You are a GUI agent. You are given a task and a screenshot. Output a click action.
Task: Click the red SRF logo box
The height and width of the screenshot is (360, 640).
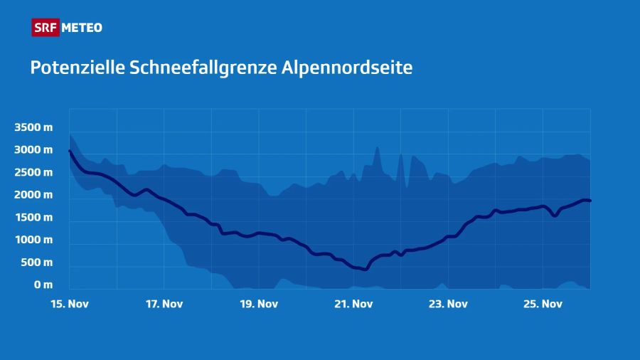tap(46, 28)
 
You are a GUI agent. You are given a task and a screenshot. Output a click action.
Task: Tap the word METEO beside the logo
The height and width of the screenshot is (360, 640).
tap(82, 28)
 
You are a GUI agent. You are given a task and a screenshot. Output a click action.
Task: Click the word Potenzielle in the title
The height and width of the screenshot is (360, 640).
tap(77, 68)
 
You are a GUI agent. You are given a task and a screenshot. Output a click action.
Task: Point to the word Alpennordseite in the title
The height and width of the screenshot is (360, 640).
tap(348, 68)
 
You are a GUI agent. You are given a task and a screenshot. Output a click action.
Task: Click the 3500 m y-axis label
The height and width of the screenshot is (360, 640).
tap(33, 127)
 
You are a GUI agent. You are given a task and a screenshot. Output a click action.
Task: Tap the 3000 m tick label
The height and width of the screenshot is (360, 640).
tap(33, 150)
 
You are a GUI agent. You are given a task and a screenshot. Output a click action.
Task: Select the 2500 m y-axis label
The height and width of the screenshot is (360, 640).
tap(33, 172)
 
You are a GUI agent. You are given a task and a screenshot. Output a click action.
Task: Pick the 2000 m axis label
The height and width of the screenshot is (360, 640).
tap(33, 195)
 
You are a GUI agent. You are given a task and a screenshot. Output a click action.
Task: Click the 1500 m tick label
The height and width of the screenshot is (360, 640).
tap(33, 218)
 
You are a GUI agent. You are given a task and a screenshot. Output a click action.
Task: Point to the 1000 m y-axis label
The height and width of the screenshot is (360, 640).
tap(33, 240)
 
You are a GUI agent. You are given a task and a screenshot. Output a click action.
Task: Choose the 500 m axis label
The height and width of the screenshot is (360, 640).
tap(36, 263)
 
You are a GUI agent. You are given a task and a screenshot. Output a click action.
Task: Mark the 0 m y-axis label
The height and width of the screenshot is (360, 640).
tap(42, 285)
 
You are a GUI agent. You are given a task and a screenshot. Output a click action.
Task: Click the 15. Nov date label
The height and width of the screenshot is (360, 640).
tap(69, 304)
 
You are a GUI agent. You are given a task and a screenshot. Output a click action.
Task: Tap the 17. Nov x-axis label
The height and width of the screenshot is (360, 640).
tap(164, 304)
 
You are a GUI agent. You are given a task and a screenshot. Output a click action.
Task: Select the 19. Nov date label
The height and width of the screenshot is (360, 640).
tap(258, 304)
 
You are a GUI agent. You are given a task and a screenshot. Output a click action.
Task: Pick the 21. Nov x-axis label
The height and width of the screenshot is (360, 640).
tap(353, 304)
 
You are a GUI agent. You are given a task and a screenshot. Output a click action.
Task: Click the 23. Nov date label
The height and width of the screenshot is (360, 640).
tap(448, 304)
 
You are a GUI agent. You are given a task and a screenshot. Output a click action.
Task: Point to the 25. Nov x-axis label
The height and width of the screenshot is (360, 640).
tap(543, 304)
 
